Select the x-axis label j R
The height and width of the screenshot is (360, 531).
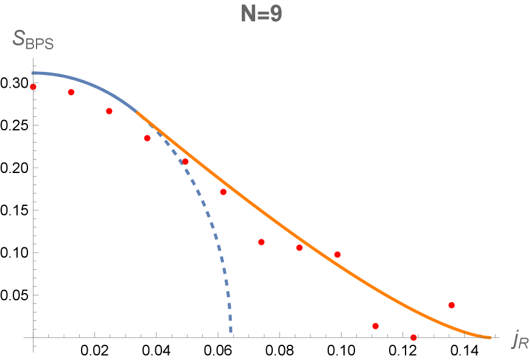pos(519,342)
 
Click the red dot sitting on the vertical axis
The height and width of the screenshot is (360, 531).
pos(33,87)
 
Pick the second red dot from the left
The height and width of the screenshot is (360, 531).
pos(71,93)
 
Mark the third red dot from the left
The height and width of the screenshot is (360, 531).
pos(109,111)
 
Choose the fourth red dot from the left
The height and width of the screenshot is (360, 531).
pos(147,138)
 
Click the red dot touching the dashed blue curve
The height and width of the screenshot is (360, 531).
pos(185,162)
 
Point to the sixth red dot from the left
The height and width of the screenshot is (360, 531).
pos(223,192)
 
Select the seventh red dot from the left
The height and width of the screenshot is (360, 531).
pos(261,242)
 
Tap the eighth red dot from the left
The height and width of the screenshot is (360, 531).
pos(299,248)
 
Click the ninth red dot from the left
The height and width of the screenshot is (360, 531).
pos(337,255)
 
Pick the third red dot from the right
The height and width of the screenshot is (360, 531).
pos(375,326)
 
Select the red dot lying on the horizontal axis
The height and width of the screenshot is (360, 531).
pos(413,337)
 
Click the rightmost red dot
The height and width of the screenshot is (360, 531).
pos(451,305)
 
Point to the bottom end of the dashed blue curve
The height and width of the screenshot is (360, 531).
pos(230,332)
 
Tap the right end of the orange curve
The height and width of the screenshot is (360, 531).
pos(490,337)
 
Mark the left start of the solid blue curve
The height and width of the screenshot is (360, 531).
pos(33,73)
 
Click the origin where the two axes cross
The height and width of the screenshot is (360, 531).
pos(33,337)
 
